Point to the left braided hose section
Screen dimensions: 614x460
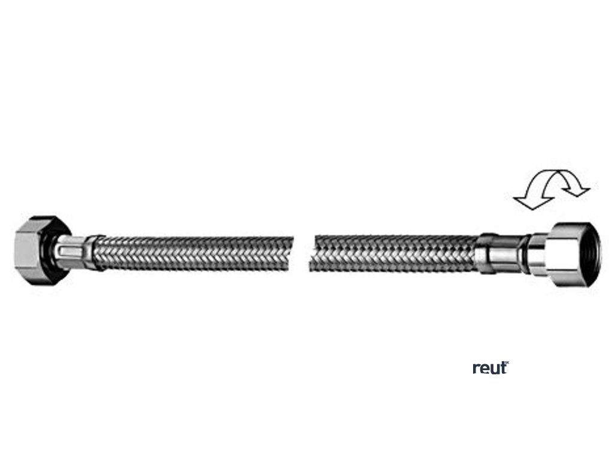[192, 253]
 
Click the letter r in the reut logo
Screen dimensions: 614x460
[476, 368]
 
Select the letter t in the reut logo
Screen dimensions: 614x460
[502, 367]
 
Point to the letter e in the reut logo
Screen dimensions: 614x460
[484, 368]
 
